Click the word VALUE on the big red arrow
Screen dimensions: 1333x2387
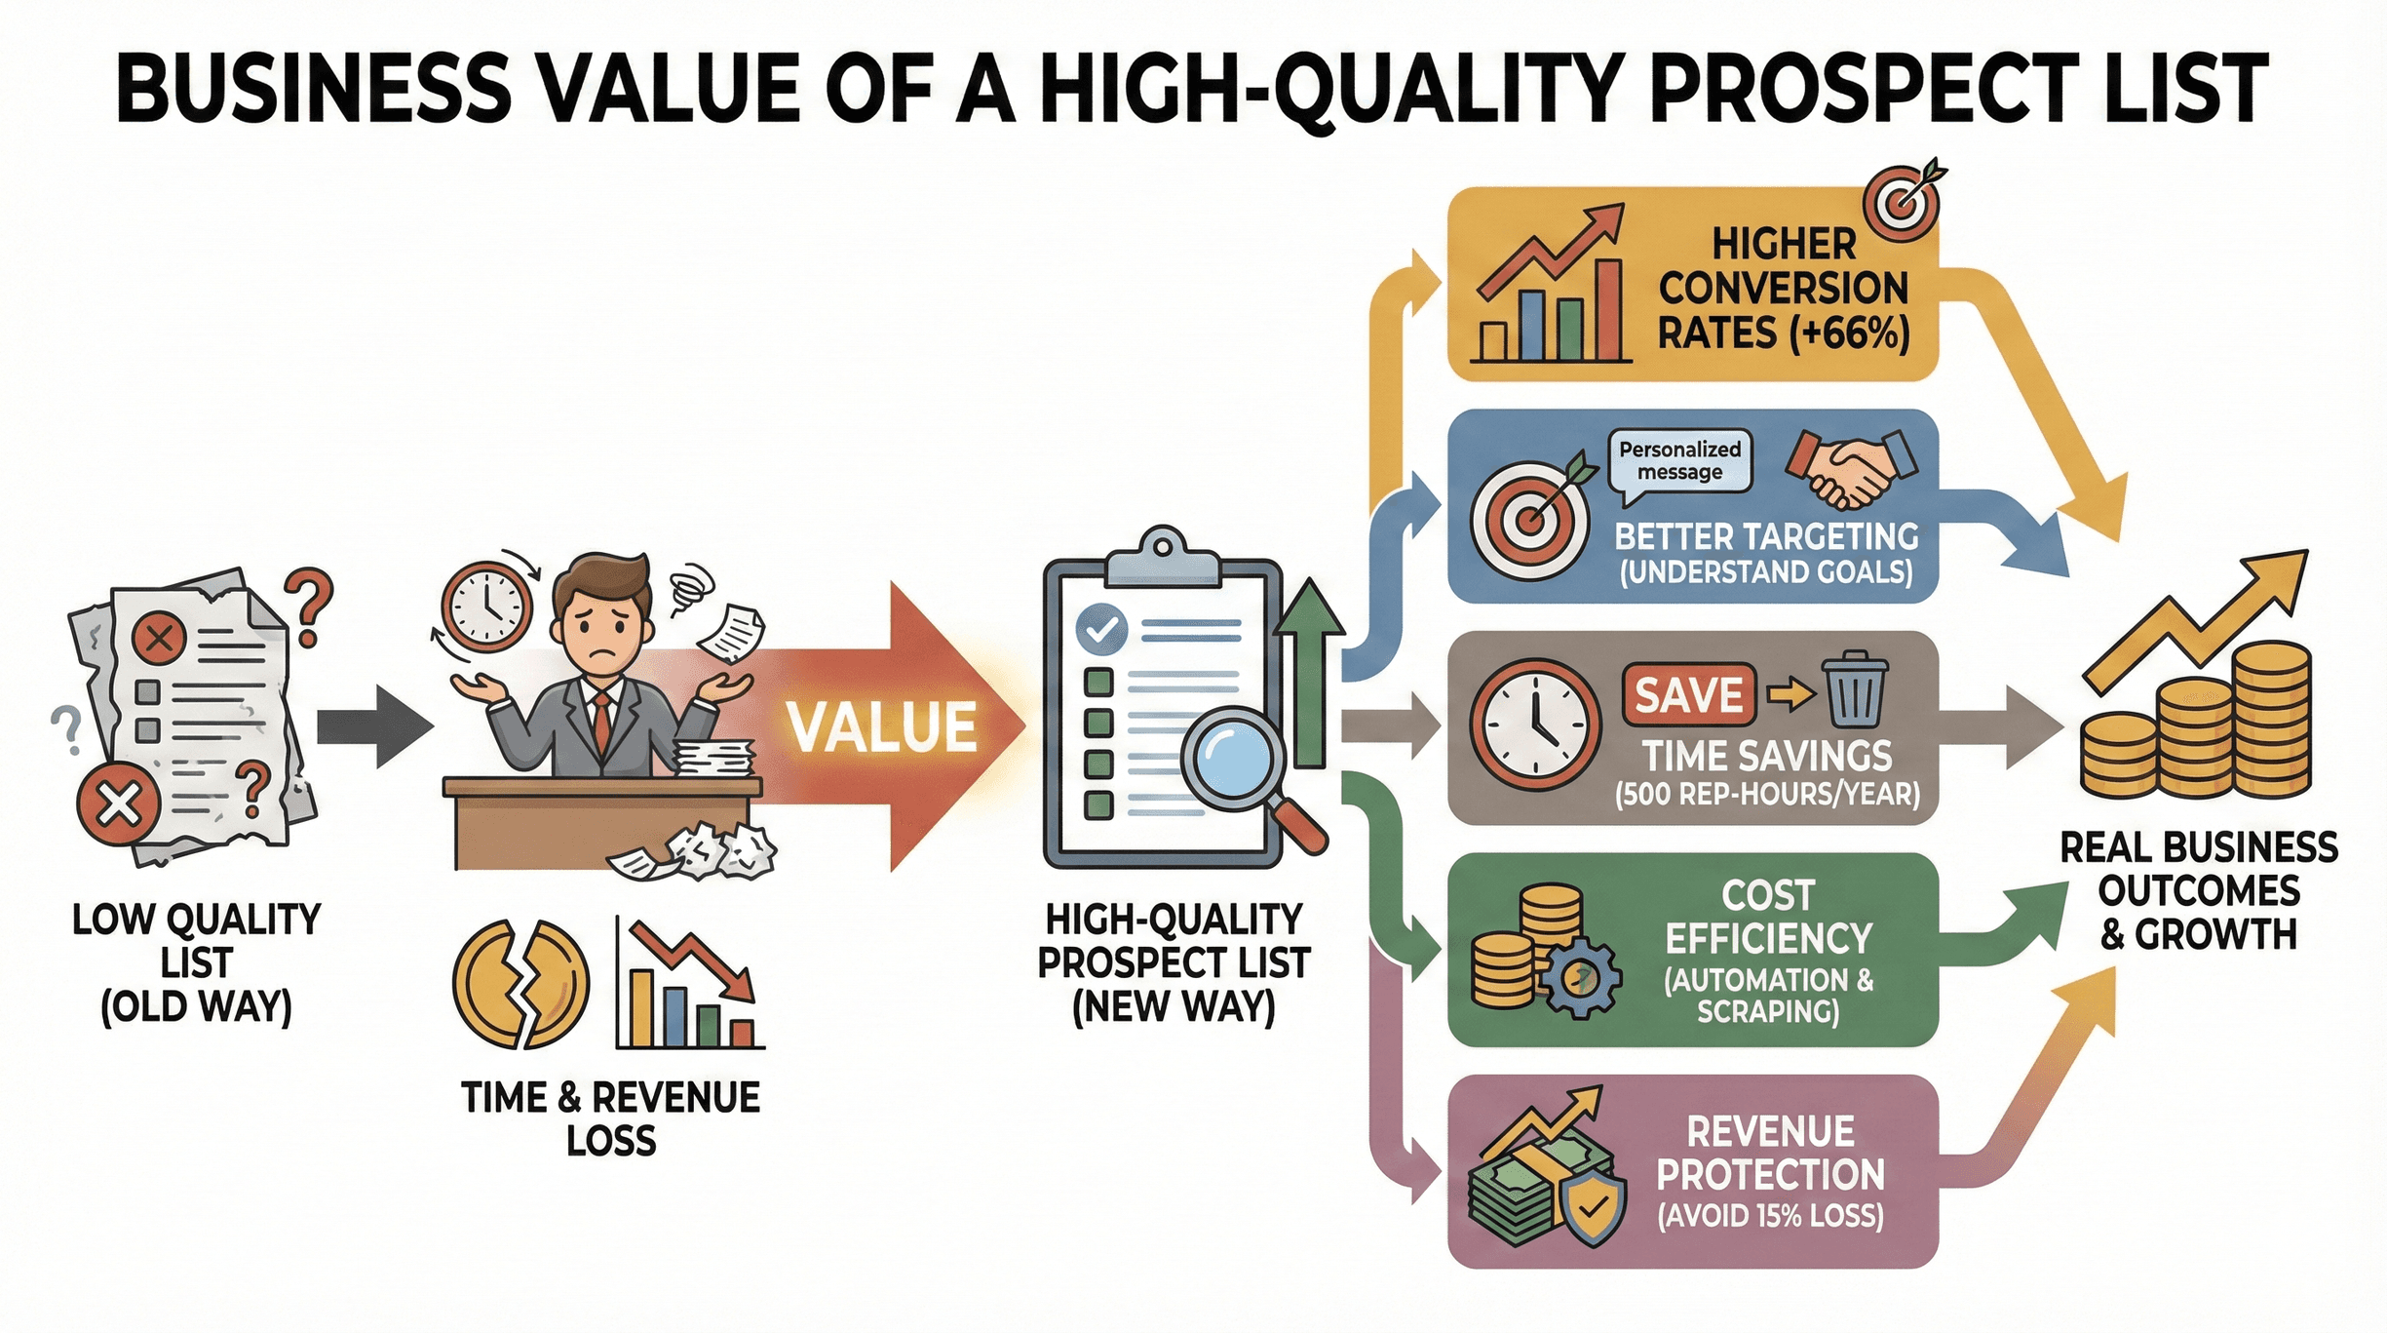click(x=881, y=726)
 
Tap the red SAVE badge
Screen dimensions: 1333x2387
click(x=1688, y=695)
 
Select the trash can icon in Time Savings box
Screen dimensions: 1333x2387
click(x=1854, y=691)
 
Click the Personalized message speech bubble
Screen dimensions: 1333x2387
click(x=1679, y=461)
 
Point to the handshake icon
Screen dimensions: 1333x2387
click(x=1851, y=468)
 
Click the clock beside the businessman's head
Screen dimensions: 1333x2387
click(x=486, y=607)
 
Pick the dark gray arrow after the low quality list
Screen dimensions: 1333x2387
click(x=374, y=726)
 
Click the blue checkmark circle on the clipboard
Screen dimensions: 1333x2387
click(x=1101, y=630)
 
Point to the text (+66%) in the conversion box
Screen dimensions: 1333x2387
click(x=1850, y=333)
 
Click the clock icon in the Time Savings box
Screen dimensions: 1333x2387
click(x=1535, y=724)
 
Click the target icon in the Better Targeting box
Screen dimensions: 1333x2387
click(x=1528, y=521)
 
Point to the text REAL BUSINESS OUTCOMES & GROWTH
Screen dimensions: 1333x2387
click(x=2198, y=890)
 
